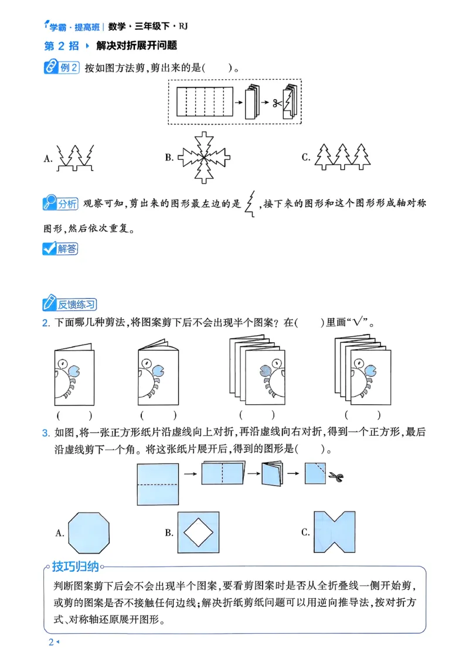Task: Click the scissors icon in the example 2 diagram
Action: (274, 103)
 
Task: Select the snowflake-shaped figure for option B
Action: (205, 156)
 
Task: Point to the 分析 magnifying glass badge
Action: (61, 204)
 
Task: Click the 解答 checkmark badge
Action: (60, 248)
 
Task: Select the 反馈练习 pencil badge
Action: (70, 304)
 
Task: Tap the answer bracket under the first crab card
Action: (74, 415)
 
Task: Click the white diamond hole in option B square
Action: (199, 532)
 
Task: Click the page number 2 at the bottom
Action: (51, 643)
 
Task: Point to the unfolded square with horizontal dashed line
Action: (158, 484)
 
